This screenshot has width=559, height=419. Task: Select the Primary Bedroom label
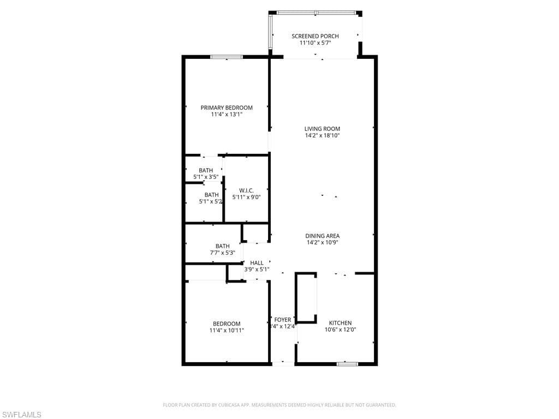coord(227,107)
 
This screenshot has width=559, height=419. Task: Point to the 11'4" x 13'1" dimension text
coord(227,115)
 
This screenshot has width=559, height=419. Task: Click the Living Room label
coord(322,129)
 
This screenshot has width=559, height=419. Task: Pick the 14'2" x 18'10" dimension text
coord(322,136)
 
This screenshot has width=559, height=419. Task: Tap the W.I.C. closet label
coord(246,190)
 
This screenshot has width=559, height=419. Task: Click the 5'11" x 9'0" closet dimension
coord(246,197)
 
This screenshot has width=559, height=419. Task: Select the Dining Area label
coord(322,236)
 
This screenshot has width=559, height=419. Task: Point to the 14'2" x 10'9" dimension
coord(322,243)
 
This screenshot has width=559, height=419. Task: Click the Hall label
coord(257,263)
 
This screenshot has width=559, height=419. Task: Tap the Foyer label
coord(283,320)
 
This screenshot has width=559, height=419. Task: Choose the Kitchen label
coord(340,323)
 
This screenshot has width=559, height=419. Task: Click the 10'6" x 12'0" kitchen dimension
coord(340,330)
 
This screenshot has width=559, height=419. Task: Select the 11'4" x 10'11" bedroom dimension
coord(227,330)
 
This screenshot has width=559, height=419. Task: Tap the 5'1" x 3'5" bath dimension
coord(206,177)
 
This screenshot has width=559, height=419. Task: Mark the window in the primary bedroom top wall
coord(227,57)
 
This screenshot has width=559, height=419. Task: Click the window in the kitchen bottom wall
coord(347,363)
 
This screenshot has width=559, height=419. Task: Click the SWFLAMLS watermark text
coord(22,415)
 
